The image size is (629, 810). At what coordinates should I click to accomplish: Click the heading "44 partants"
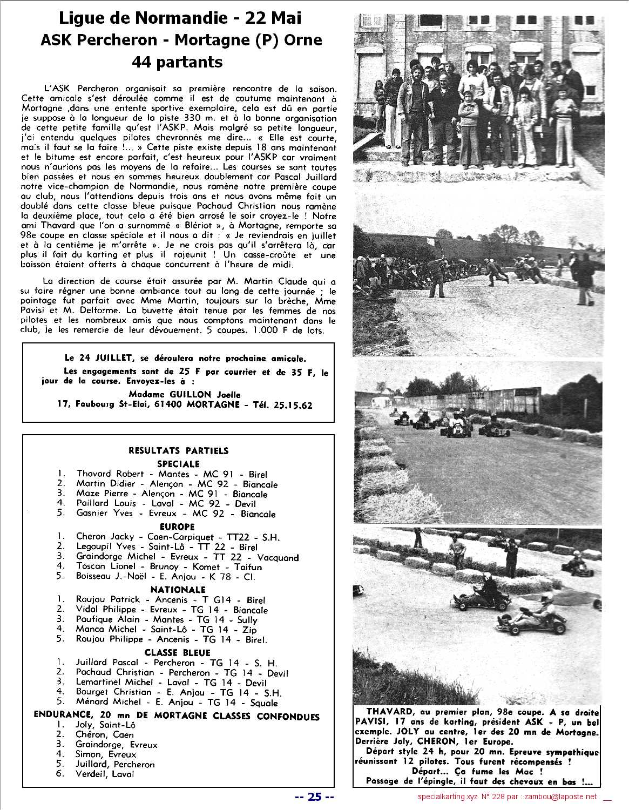[177, 62]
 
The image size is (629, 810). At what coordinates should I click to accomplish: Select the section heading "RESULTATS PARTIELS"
[178, 450]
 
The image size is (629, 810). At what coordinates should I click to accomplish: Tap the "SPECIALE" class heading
[178, 463]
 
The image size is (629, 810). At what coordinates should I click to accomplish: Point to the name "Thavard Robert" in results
[110, 474]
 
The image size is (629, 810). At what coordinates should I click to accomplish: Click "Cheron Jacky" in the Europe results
[105, 537]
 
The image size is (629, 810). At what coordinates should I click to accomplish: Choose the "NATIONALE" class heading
[178, 589]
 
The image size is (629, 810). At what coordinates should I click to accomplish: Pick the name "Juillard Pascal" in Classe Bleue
[107, 663]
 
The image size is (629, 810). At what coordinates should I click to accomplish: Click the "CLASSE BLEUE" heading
[177, 652]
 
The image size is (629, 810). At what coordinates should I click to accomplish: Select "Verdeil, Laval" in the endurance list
[105, 774]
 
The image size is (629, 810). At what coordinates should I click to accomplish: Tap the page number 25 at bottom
[315, 796]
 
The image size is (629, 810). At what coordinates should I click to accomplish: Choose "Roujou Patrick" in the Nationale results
[107, 599]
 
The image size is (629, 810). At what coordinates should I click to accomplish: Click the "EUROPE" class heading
[177, 526]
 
